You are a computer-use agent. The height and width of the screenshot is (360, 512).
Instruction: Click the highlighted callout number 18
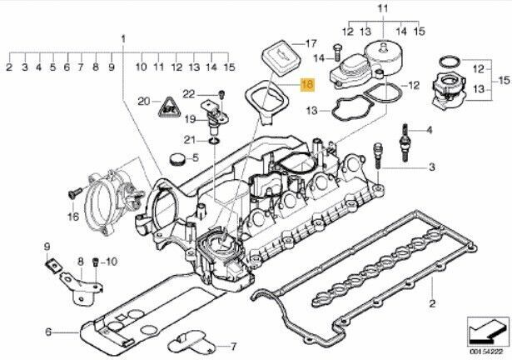tap(308, 85)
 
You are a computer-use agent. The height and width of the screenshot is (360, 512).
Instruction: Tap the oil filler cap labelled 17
tap(281, 58)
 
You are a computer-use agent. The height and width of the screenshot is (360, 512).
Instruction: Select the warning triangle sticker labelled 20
tap(170, 107)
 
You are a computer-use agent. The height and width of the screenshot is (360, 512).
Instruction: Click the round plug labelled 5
tap(177, 158)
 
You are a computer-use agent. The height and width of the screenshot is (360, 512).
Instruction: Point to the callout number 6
tap(48, 332)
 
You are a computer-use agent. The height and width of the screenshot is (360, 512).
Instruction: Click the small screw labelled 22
tap(222, 94)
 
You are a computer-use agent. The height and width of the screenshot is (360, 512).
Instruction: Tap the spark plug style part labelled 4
tap(405, 143)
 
